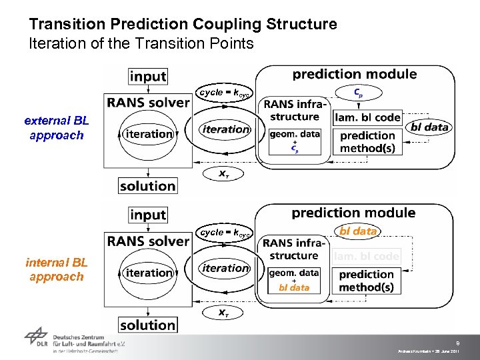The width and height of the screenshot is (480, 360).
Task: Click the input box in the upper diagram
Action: [147, 76]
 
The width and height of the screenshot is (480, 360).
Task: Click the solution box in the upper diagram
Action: [148, 186]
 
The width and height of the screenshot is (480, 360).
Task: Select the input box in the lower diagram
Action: [147, 215]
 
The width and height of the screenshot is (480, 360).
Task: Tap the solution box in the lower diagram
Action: [148, 325]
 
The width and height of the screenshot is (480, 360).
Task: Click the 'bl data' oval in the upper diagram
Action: [430, 127]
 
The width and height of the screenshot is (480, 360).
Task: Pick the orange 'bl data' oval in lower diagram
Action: [358, 231]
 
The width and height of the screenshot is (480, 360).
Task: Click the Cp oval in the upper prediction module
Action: [358, 93]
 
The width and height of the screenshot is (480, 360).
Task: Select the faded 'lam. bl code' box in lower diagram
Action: [367, 256]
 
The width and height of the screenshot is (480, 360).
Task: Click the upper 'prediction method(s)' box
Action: [367, 141]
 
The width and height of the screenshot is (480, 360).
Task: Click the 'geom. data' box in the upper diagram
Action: [295, 141]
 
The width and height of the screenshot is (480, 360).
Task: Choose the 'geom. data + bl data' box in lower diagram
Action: [294, 280]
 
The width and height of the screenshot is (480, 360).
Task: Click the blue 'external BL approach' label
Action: [57, 128]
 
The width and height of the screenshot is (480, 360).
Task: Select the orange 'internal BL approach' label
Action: [57, 269]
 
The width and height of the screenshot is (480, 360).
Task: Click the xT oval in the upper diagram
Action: [226, 173]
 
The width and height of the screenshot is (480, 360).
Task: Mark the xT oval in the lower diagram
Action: [226, 312]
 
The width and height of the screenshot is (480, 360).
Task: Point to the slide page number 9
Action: [457, 343]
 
